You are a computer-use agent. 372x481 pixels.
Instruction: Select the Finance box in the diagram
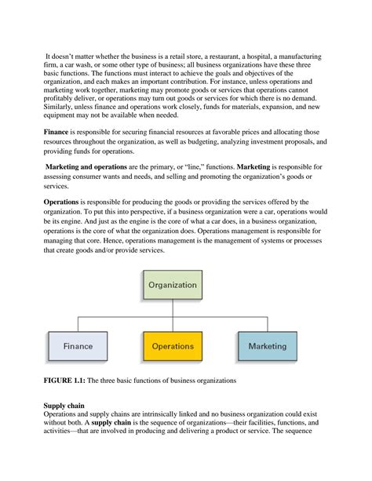point(78,345)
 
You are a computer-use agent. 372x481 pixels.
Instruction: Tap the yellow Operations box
point(173,345)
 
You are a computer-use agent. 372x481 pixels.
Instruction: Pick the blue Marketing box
point(268,345)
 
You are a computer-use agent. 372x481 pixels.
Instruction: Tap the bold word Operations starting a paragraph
point(66,202)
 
